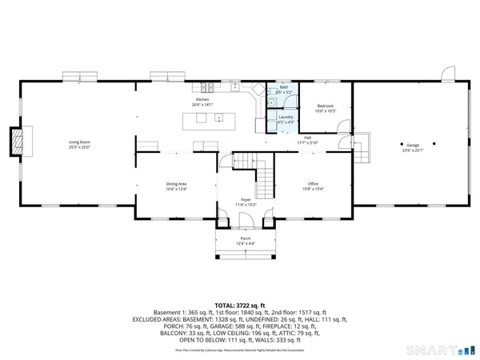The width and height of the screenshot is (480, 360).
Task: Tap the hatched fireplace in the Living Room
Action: (x=15, y=142)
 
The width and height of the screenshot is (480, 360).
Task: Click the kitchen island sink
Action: (x=218, y=118)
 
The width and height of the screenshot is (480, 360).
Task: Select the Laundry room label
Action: (x=286, y=117)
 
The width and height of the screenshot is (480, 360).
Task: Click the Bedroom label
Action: (x=325, y=106)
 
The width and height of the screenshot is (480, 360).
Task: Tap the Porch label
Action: (x=246, y=238)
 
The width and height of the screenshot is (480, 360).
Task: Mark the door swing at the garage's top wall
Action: (x=442, y=75)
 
